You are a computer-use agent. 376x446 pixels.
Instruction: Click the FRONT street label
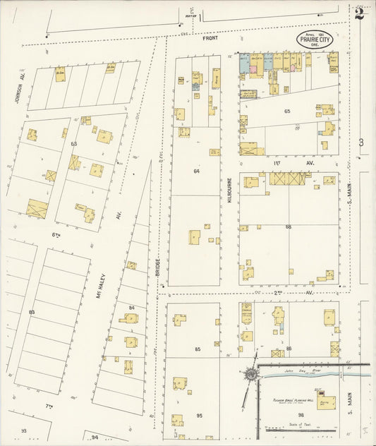(210, 38)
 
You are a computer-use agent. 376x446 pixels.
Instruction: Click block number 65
(287, 111)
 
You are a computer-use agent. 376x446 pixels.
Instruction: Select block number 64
(197, 171)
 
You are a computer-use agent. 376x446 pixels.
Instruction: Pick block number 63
(73, 143)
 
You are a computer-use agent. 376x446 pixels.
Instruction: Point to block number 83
(31, 311)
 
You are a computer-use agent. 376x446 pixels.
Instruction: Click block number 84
(132, 307)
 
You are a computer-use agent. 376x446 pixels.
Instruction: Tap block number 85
(198, 349)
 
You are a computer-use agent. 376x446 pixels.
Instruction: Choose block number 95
(199, 416)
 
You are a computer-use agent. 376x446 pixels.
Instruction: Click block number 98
(301, 414)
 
